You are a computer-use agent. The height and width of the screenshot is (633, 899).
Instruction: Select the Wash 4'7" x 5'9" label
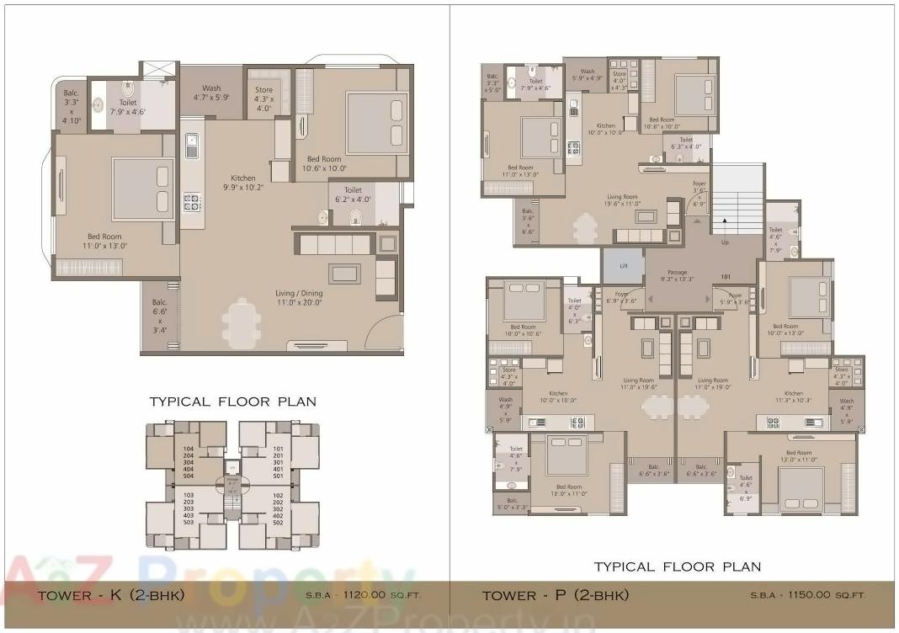tap(211, 93)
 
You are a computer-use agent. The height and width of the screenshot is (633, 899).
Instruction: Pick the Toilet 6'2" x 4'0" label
tap(353, 196)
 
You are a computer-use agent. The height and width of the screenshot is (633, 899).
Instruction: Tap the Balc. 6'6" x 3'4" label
tap(159, 316)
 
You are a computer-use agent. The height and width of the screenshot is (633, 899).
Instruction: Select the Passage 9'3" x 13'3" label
tap(677, 276)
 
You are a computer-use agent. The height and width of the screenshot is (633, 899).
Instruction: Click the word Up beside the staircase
tap(726, 242)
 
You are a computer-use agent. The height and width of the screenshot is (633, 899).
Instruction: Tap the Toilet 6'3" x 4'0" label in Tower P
tap(686, 143)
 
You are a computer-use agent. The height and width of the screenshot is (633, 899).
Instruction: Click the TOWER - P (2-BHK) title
tap(555, 595)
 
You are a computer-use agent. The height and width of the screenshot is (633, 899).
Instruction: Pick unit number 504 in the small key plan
tap(189, 476)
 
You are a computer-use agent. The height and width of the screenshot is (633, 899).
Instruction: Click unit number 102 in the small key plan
tap(278, 495)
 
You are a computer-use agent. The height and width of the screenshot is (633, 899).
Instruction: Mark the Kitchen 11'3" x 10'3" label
tap(793, 397)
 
